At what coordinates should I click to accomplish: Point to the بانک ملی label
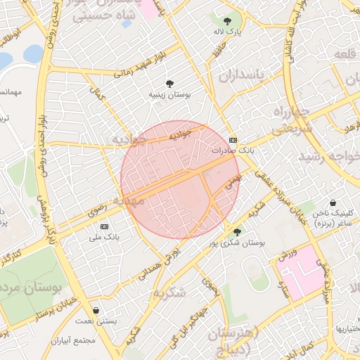tap(104, 238)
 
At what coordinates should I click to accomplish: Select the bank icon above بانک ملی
tap(105, 226)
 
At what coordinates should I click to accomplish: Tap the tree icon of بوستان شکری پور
tap(237, 231)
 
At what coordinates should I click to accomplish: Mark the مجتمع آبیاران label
tap(72, 340)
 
